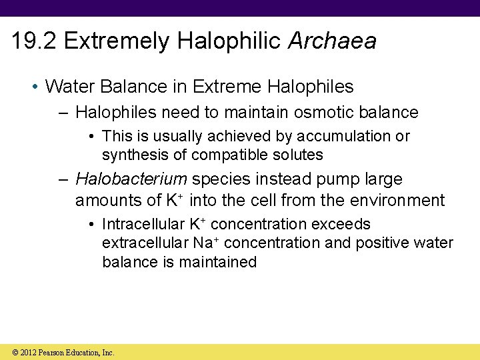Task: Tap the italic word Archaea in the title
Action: [x=332, y=41]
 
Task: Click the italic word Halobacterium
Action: [x=131, y=179]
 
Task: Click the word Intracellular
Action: [x=144, y=224]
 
